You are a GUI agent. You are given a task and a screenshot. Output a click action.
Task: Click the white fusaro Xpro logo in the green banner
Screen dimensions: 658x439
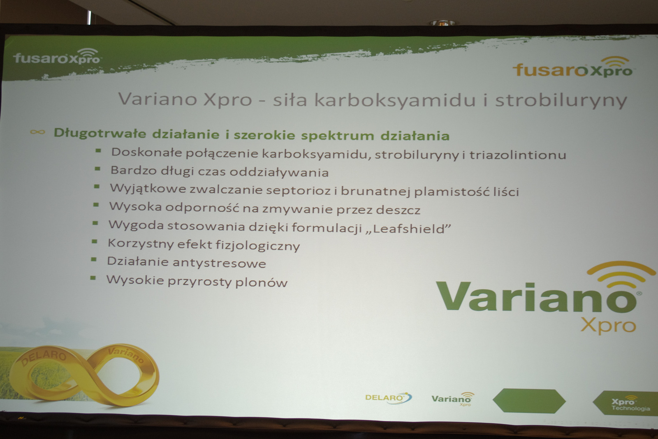tap(57, 56)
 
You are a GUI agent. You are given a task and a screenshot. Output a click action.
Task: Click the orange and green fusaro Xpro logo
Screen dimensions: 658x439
tap(572, 67)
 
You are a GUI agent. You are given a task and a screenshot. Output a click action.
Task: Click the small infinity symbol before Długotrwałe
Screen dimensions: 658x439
tap(37, 132)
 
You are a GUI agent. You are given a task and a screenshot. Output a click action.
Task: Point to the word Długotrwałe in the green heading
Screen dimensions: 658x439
tap(100, 133)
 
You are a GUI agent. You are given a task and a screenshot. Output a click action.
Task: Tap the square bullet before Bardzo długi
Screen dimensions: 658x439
tap(97, 169)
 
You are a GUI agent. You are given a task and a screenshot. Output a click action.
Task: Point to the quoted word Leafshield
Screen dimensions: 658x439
tap(408, 228)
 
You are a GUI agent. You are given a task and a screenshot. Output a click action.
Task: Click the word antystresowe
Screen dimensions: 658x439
tap(219, 263)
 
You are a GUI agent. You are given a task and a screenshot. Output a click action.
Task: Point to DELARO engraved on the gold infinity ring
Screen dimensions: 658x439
tap(44, 357)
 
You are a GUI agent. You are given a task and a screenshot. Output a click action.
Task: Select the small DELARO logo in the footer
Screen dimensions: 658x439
tap(388, 398)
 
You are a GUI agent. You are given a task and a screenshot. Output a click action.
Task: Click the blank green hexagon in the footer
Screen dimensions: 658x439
tap(529, 400)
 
